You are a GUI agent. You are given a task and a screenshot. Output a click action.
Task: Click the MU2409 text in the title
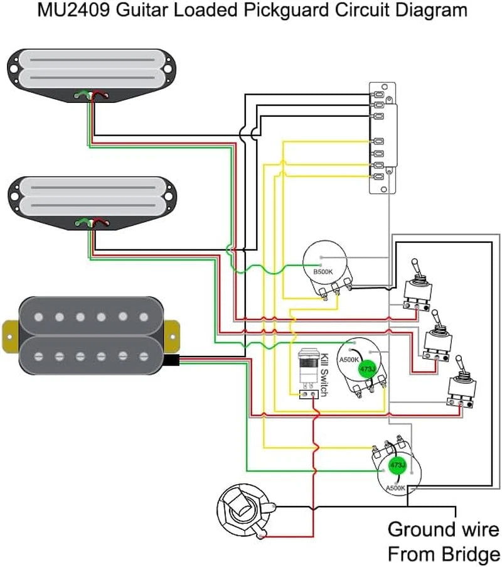coord(73,10)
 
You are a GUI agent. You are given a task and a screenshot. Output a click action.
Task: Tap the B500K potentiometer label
coord(323,272)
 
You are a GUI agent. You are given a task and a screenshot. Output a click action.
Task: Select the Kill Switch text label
coord(324,375)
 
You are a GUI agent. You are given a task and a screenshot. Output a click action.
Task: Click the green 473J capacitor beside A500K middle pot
coord(367,369)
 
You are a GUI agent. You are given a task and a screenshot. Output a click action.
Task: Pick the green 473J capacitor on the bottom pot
coord(398,465)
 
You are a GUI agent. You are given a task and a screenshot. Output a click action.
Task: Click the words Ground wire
coord(443,530)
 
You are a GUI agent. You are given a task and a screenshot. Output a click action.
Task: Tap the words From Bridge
coord(444,554)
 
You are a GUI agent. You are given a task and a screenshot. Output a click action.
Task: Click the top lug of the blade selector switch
coord(378,95)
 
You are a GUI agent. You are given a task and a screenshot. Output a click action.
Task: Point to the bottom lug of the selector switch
coord(378,177)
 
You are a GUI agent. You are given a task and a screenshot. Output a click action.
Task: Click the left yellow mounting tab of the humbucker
coord(10,337)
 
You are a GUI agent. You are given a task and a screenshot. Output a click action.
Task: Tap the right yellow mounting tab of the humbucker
coord(172,337)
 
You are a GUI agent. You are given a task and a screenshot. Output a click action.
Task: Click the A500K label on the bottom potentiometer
coord(395,488)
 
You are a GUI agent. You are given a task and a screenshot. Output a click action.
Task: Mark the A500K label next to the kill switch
coord(349,360)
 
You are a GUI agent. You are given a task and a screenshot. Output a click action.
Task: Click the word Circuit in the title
coord(362,10)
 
